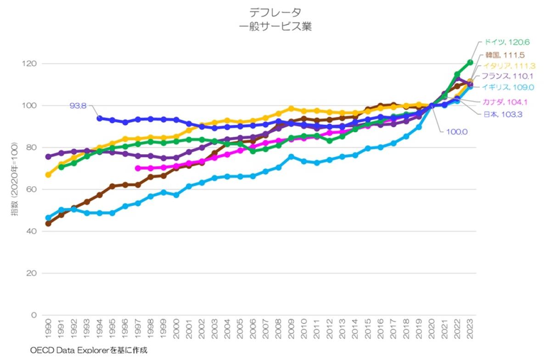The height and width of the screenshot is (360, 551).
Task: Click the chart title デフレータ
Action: [x=275, y=12]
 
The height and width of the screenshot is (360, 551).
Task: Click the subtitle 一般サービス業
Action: [x=275, y=27]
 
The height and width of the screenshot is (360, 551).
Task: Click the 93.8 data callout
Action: [x=78, y=106]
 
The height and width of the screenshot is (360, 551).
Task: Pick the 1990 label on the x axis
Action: [x=48, y=327]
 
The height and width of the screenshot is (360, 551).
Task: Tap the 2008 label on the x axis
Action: [x=278, y=327]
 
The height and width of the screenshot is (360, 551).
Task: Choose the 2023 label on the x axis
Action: [x=470, y=327]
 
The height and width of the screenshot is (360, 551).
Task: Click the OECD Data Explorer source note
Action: [x=89, y=350]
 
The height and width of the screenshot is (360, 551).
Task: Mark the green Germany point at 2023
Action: [x=470, y=62]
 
